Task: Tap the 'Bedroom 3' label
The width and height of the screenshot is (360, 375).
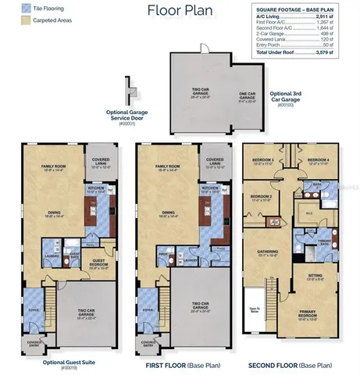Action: [x=262, y=161]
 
